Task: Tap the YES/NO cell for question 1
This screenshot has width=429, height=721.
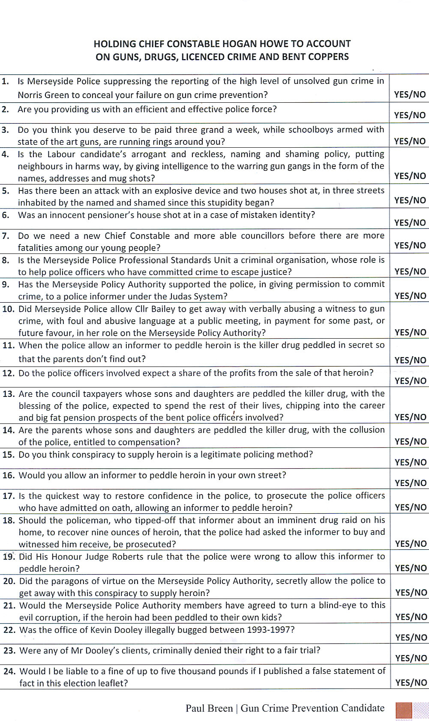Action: [x=410, y=95]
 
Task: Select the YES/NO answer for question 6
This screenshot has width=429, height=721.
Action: [x=410, y=223]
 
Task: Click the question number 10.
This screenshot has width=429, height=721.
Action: [x=9, y=309]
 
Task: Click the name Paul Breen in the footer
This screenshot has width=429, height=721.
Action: [x=209, y=708]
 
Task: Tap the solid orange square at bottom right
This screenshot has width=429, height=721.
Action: [x=404, y=710]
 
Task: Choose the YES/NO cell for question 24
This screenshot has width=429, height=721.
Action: [x=411, y=683]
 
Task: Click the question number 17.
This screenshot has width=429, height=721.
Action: [x=9, y=496]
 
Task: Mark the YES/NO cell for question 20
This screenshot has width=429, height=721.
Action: [x=411, y=593]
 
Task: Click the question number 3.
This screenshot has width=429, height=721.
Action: [x=5, y=130]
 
